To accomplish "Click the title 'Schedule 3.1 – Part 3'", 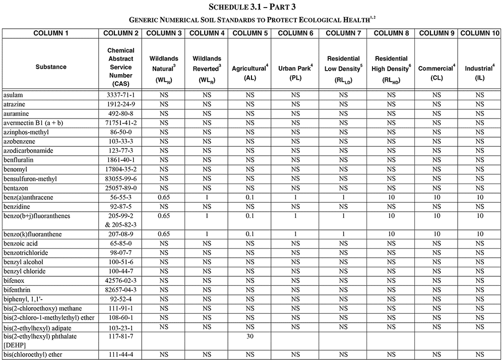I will (251, 8).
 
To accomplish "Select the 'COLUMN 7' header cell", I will (343, 33).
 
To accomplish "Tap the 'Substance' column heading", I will (50, 67).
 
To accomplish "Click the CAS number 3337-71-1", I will (120, 94).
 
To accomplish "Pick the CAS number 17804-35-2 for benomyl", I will (120, 169).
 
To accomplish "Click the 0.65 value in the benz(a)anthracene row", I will (164, 197).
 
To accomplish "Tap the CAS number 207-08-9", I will (120, 234).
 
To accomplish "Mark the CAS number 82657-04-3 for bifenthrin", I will (120, 289).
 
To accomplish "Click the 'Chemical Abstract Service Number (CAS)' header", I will (120, 67).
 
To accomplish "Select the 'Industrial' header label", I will (479, 67).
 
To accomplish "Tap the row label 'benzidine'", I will (17, 206).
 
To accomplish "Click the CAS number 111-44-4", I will (120, 354).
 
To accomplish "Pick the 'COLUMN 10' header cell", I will (480, 33).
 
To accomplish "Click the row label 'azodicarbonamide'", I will (28, 150).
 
